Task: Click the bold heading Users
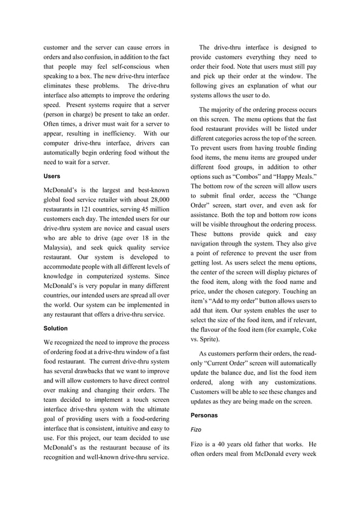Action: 52,176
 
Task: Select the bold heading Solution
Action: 55,328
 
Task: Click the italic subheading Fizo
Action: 196,429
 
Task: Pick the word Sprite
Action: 207,339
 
